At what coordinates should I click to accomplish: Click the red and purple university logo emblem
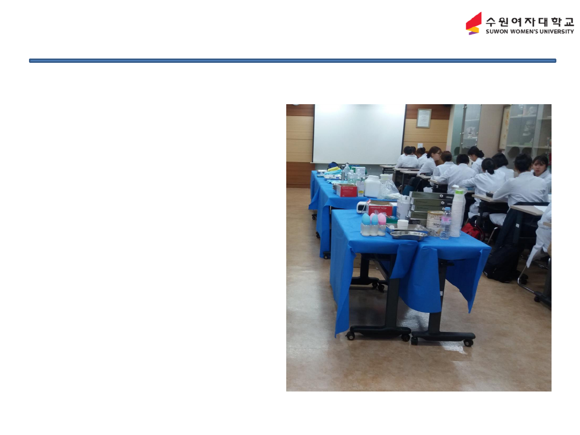(x=474, y=23)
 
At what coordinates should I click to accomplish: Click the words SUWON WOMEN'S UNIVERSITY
(x=530, y=32)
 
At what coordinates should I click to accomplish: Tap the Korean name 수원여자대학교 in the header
(x=530, y=21)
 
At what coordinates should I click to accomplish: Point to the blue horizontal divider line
(x=293, y=61)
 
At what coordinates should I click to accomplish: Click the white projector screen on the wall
(x=359, y=134)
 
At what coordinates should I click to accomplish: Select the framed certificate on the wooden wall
(x=424, y=118)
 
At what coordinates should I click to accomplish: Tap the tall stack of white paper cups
(x=458, y=212)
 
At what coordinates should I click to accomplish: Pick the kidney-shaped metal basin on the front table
(x=409, y=235)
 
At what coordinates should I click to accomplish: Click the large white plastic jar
(x=373, y=186)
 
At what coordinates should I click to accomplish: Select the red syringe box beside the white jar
(x=347, y=191)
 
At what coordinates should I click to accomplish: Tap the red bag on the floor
(x=472, y=230)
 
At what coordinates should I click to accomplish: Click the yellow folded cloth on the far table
(x=334, y=169)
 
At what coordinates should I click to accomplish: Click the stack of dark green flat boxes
(x=430, y=206)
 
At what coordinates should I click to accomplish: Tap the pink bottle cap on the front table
(x=382, y=219)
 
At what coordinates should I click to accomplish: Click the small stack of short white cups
(x=403, y=224)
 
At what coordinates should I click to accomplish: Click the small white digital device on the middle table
(x=362, y=207)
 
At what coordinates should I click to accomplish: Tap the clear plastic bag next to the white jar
(x=390, y=190)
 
